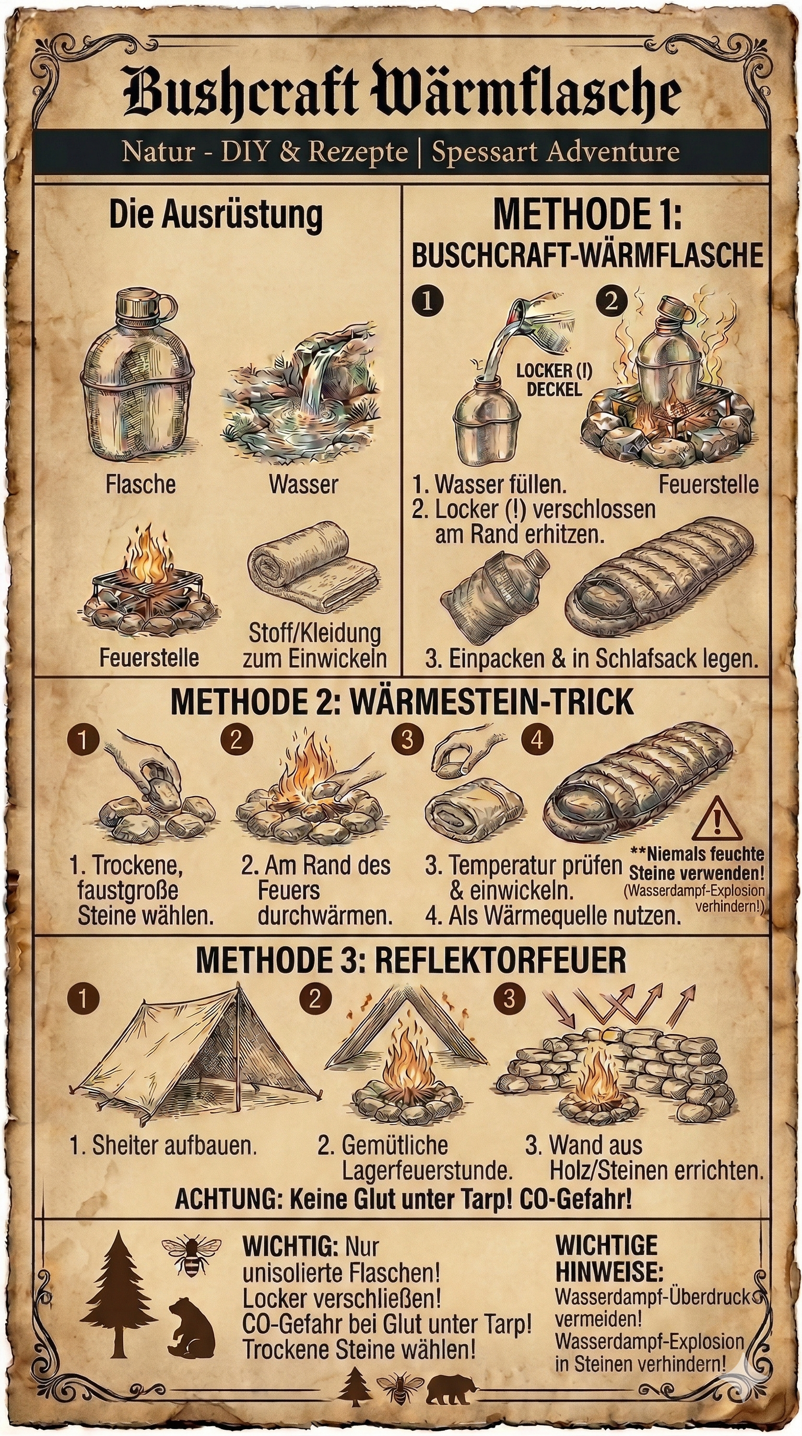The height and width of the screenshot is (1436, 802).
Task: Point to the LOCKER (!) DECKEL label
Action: pyautogui.click(x=553, y=380)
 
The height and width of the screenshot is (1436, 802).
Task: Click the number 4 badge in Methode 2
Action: pyautogui.click(x=537, y=740)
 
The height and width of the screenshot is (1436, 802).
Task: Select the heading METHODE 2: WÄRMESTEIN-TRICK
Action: pyautogui.click(x=402, y=702)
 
